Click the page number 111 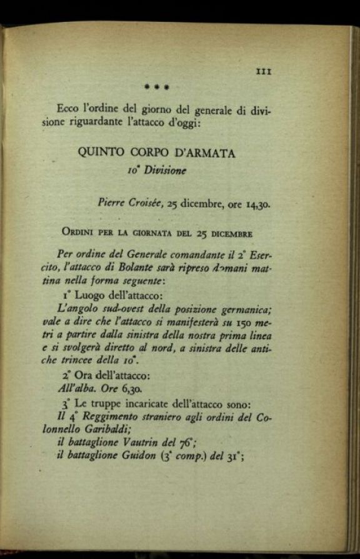coord(264,72)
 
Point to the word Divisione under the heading coord(165,171)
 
